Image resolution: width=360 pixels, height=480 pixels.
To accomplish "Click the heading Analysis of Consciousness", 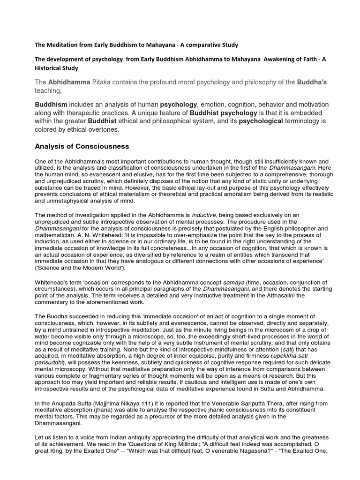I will [x=82, y=146].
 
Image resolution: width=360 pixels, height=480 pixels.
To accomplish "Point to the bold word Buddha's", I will [x=312, y=82].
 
